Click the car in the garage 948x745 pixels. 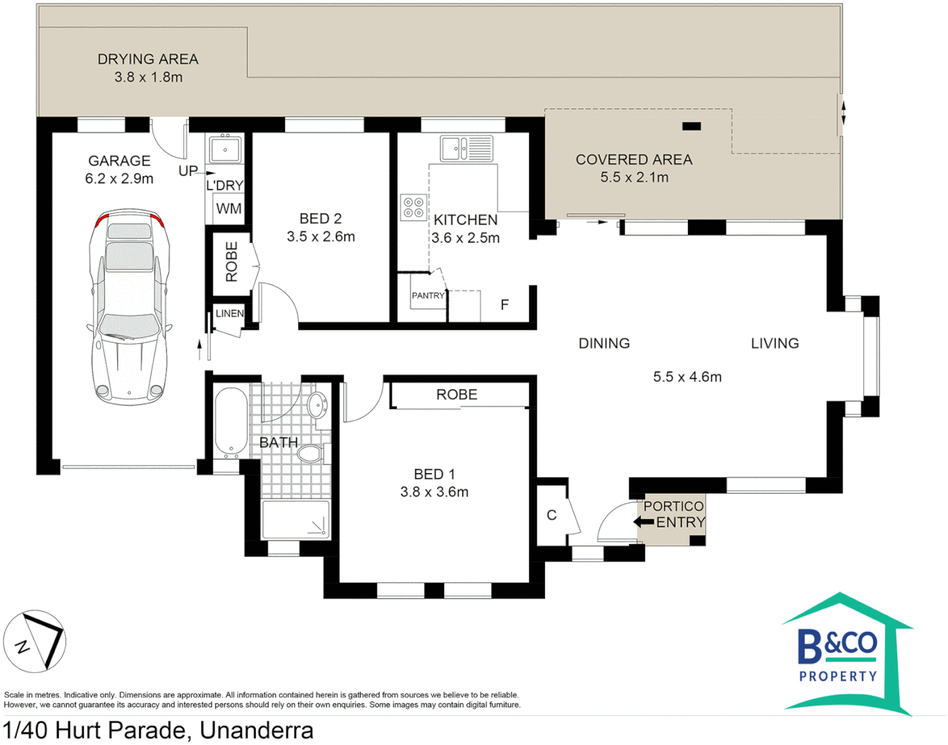pos(130,306)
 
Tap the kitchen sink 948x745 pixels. pos(466,148)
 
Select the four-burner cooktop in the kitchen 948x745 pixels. pos(413,207)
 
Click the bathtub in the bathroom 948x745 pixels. pos(231,422)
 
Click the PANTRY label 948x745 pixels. pos(428,296)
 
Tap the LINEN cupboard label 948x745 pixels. pos(230,313)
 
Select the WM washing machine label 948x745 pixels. pos(228,208)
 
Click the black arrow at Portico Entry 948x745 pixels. pos(644,521)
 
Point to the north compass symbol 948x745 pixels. pos(34,642)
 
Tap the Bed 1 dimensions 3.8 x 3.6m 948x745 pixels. pos(434,492)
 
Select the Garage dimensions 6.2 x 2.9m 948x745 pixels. pos(119,179)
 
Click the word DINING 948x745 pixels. pos(604,344)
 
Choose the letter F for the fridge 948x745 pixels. pos(505,304)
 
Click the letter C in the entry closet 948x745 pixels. pos(551,515)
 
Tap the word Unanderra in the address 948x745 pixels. pos(257,731)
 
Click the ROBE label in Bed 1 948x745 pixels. pos(457,395)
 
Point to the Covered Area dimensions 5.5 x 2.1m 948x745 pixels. pos(634,177)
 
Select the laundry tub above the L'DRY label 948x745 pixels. pos(225,149)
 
